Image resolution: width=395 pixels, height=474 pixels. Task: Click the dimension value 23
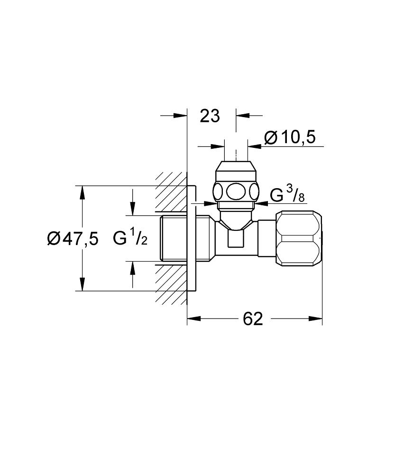coord(210,115)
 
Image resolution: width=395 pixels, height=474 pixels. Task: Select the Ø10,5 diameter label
coord(290,137)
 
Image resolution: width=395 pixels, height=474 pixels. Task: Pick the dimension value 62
coord(253,319)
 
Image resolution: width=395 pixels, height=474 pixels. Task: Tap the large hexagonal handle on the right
coord(299,238)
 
